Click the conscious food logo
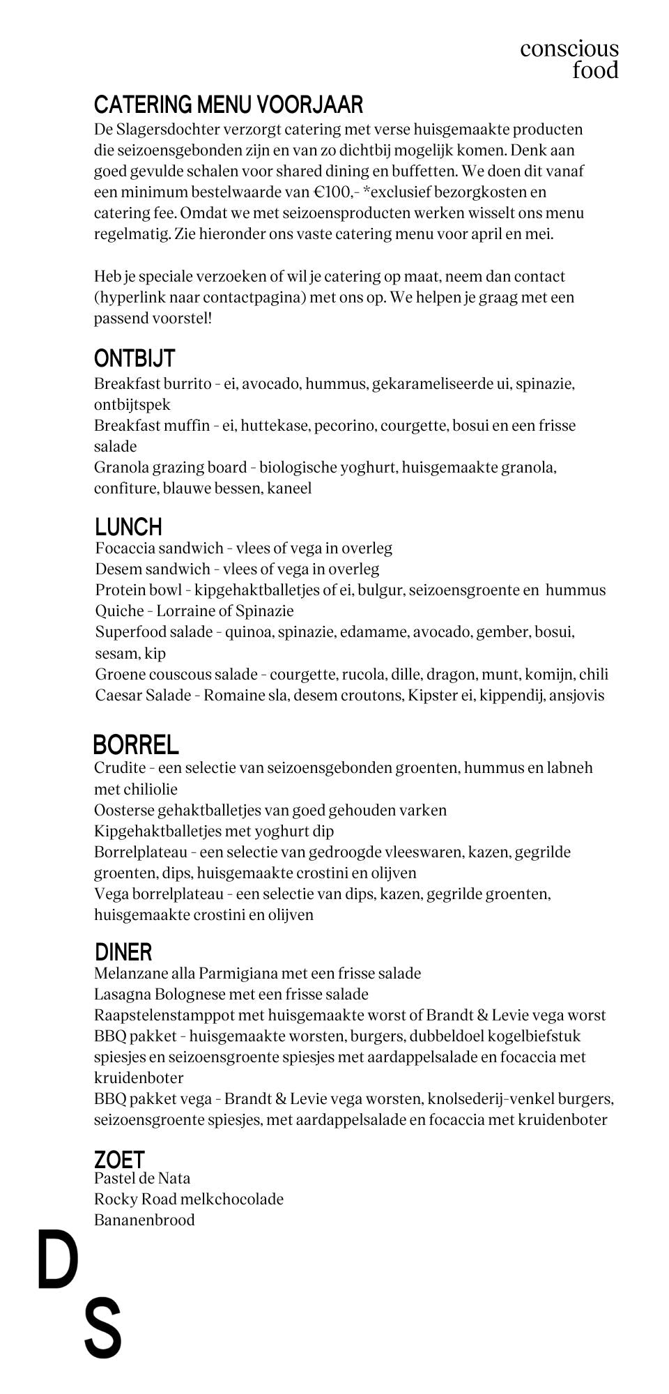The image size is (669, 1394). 569,59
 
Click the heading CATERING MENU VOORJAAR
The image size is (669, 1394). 229,105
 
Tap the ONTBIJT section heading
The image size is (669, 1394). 134,358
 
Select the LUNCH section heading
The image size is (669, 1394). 129,526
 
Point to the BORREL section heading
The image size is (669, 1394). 136,744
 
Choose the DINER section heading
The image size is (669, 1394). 123,951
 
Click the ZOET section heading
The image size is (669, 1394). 119,1160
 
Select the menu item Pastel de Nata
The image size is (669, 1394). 142,1178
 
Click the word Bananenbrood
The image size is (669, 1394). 144,1220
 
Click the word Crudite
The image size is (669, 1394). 120,768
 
